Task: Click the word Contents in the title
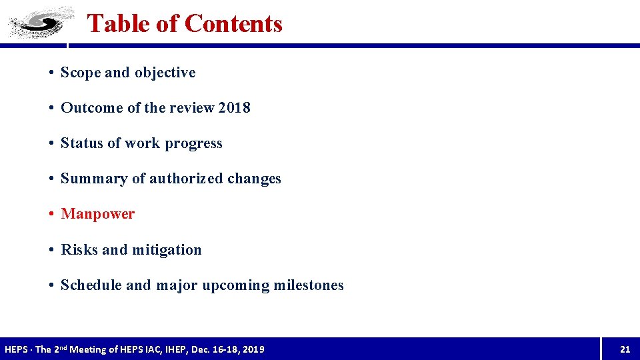pyautogui.click(x=233, y=23)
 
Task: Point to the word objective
pyautogui.click(x=165, y=73)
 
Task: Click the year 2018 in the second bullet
pyautogui.click(x=234, y=108)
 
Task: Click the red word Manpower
pyautogui.click(x=98, y=214)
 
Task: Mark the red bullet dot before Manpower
pyautogui.click(x=51, y=214)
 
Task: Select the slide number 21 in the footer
pyautogui.click(x=625, y=349)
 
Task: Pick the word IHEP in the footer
pyautogui.click(x=181, y=349)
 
